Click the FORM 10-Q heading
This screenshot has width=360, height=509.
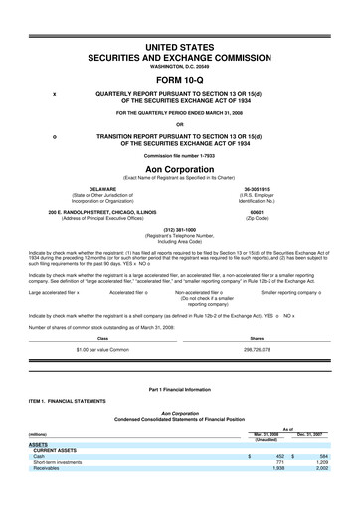click(179, 81)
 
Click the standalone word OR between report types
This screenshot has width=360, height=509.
click(179, 124)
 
